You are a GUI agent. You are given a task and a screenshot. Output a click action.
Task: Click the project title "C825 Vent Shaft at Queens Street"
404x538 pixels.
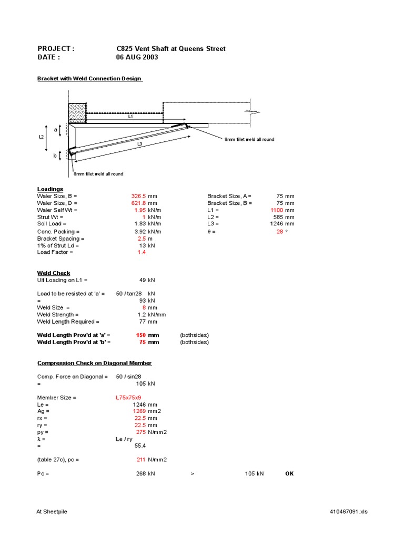point(170,49)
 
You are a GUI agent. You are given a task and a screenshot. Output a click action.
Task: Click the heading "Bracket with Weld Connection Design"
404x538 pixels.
point(89,79)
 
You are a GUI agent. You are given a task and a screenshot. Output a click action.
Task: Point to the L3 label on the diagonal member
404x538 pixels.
point(139,143)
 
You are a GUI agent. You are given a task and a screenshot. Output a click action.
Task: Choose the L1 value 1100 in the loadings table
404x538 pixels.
point(276,210)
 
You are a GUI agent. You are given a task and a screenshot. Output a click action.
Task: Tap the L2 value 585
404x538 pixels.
point(278,217)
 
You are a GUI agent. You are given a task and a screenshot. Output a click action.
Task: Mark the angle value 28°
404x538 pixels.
point(280,231)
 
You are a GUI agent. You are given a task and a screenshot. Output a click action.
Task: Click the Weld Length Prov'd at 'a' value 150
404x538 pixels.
point(140,335)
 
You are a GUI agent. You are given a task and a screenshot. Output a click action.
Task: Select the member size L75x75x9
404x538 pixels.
point(128,398)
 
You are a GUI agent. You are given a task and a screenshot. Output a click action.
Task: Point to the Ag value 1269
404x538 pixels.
point(138,412)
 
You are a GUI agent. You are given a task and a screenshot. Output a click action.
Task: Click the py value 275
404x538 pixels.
point(140,432)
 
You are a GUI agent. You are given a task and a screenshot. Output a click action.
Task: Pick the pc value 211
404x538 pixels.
point(140,460)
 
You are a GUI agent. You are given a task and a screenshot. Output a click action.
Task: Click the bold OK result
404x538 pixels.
point(289,473)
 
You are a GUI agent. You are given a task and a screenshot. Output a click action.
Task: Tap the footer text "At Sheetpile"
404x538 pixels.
point(52,512)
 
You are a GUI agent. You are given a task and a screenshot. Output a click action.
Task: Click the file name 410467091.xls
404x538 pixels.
point(348,512)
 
